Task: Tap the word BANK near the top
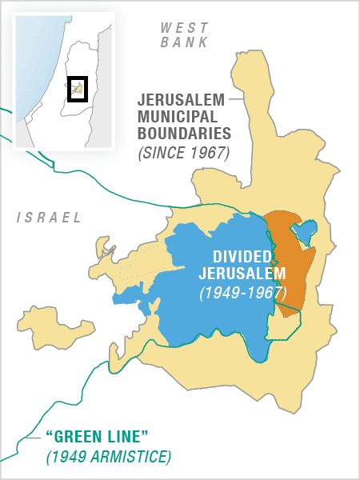[185, 42]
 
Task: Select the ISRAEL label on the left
[50, 217]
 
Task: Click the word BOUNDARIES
[183, 134]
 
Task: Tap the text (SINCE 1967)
[183, 151]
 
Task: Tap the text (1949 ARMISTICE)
[108, 457]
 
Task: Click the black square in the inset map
[77, 89]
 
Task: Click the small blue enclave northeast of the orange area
[305, 232]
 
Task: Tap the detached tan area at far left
[44, 323]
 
